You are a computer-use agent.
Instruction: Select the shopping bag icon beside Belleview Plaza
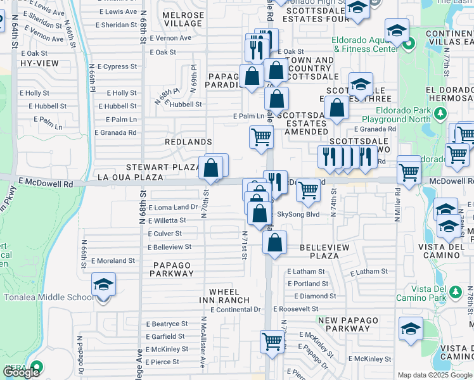[x=274, y=243]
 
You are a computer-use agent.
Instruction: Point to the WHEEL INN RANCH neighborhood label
[x=224, y=296]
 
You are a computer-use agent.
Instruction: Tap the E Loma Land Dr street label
[x=174, y=208]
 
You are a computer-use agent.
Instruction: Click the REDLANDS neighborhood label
[x=188, y=142]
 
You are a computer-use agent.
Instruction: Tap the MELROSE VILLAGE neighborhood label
[x=183, y=20]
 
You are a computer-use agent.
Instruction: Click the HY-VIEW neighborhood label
[x=39, y=64]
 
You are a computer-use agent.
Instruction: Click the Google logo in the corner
[x=22, y=372]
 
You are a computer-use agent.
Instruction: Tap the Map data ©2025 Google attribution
[x=435, y=375]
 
